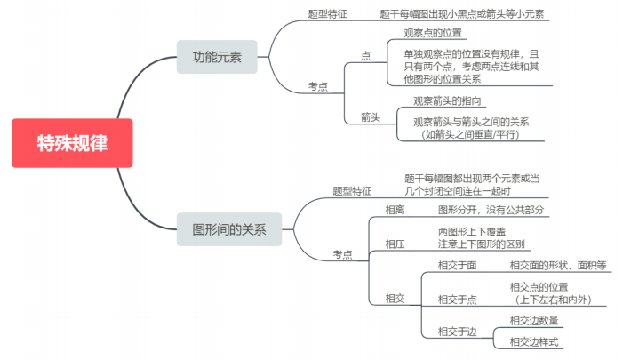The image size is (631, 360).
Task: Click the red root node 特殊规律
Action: pos(72,143)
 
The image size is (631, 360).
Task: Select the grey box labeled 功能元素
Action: pos(217,57)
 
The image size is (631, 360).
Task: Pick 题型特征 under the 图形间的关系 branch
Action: pos(352,190)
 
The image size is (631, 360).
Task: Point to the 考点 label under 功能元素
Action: pos(318,86)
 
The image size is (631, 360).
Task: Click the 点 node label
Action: pos(366,55)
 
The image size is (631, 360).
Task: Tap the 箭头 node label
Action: pos(371,116)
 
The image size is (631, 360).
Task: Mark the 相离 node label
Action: pos(395,210)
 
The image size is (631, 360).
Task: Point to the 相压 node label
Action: pos(395,243)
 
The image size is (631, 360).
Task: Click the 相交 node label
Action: pos(395,299)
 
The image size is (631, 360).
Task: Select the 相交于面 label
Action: pos(457,265)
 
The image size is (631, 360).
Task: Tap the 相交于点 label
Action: pos(457,299)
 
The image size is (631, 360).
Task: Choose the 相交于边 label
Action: pos(457,332)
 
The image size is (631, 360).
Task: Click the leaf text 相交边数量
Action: pos(534,320)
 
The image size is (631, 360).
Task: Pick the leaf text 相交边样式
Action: pos(534,342)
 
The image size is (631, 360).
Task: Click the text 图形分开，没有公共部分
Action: pos(490,210)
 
